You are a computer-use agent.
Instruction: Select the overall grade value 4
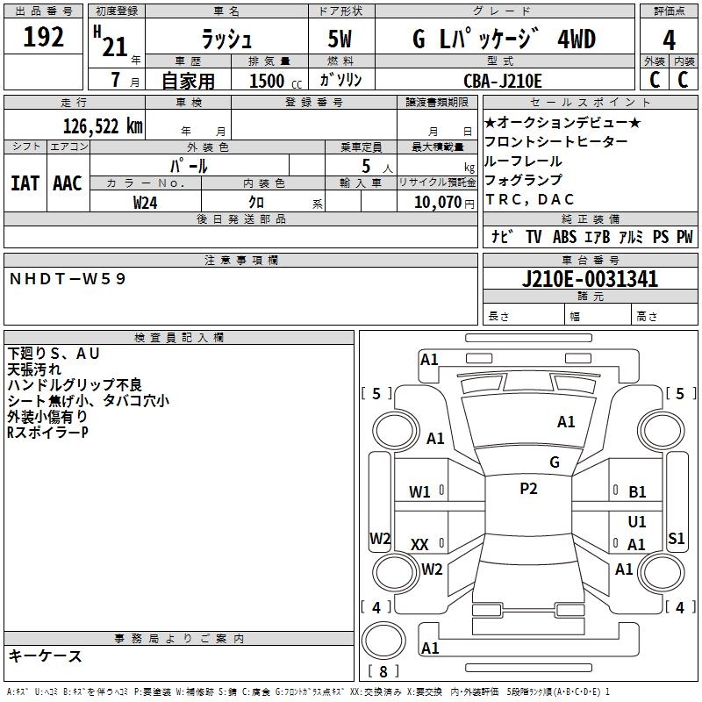point(670,40)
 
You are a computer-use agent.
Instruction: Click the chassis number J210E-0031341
point(590,280)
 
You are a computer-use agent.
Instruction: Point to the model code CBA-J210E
point(503,81)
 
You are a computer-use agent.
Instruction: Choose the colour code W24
point(146,202)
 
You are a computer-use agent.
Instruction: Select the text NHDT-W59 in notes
point(68,279)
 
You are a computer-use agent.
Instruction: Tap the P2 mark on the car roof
point(528,489)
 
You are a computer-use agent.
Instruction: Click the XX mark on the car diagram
point(419,545)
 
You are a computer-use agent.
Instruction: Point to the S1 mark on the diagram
point(676,539)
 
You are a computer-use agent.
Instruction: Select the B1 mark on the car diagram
point(637,492)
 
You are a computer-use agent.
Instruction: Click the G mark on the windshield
point(554,462)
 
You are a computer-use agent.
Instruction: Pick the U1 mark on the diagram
point(637,521)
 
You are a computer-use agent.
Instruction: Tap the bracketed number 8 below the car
point(382,671)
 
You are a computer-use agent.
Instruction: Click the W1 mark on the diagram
point(419,492)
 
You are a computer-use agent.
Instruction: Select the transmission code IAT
point(25,183)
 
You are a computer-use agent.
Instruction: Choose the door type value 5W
point(342,40)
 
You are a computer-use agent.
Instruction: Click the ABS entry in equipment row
point(564,237)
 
